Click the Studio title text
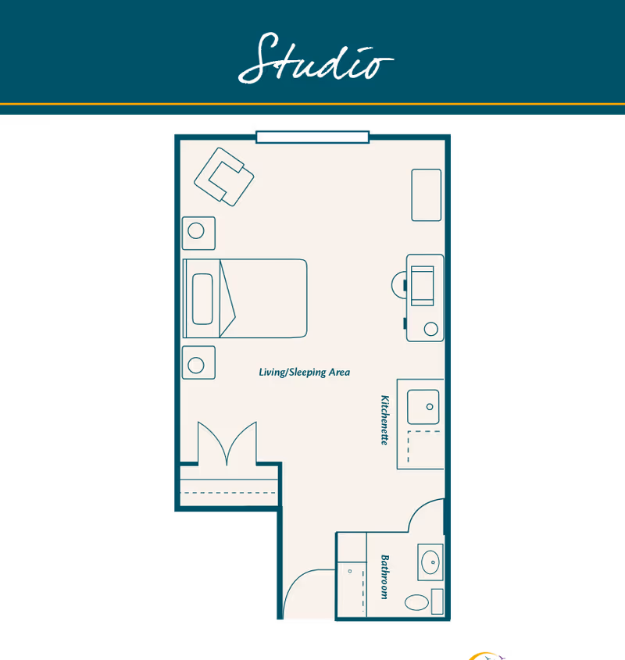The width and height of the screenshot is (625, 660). (x=316, y=58)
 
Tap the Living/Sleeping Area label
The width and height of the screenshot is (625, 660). (x=304, y=373)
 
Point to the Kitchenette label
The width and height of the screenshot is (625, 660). (x=384, y=419)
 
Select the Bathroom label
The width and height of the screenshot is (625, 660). (x=384, y=576)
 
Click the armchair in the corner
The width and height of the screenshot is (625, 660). (x=224, y=177)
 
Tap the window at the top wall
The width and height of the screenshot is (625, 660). (x=312, y=137)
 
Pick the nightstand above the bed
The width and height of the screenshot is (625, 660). (x=199, y=231)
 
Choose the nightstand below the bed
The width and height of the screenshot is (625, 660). (x=199, y=364)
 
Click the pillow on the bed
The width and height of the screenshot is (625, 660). (x=202, y=298)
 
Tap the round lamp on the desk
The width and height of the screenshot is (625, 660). (x=431, y=329)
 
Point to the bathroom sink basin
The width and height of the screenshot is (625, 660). (x=430, y=561)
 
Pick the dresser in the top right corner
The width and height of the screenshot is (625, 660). (x=427, y=194)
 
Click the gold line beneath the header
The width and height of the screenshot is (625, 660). (x=312, y=104)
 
